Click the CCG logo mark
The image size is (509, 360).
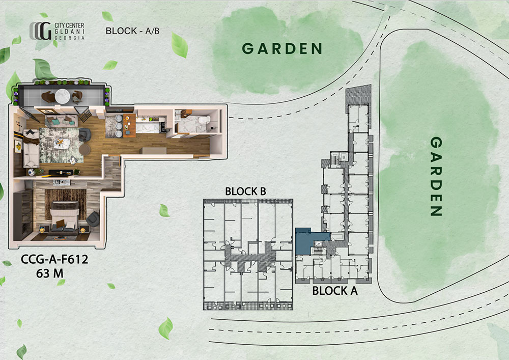(41, 31)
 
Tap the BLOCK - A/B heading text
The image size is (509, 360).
(132, 31)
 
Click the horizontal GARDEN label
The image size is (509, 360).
(282, 49)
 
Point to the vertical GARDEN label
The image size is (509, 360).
(436, 176)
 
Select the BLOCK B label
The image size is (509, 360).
(245, 191)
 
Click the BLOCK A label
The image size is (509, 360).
(335, 291)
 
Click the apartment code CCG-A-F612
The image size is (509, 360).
(54, 259)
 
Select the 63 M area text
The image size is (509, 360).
(50, 273)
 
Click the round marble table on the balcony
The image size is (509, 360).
(62, 96)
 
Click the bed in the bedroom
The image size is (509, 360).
(64, 217)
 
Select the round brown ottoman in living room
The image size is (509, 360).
(84, 149)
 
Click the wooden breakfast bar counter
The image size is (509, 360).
(129, 126)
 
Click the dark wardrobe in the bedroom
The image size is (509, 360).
(23, 214)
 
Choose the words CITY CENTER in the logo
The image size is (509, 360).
(69, 25)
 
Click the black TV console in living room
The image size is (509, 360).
(61, 173)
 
